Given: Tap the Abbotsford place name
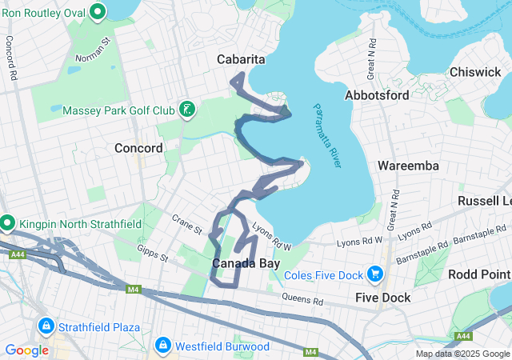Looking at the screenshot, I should click(x=377, y=95).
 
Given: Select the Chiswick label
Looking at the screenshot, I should click(x=475, y=72).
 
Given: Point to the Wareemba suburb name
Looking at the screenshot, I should click(x=408, y=166).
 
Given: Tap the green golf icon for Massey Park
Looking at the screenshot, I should click(x=186, y=110).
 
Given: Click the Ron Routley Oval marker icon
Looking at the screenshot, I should click(x=98, y=12).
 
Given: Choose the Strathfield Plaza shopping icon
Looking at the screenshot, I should click(x=46, y=327).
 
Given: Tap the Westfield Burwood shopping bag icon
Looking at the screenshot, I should click(x=163, y=346).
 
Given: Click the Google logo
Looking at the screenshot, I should click(x=26, y=350).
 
